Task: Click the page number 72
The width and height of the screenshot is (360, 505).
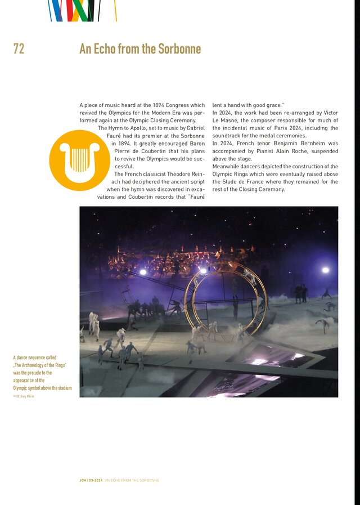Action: [19, 49]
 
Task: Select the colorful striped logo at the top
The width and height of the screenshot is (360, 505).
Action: [82, 11]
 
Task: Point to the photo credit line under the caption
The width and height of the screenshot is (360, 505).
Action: [24, 396]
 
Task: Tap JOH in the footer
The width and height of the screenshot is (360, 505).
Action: [83, 480]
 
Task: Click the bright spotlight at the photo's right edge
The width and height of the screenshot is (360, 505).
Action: [325, 270]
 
